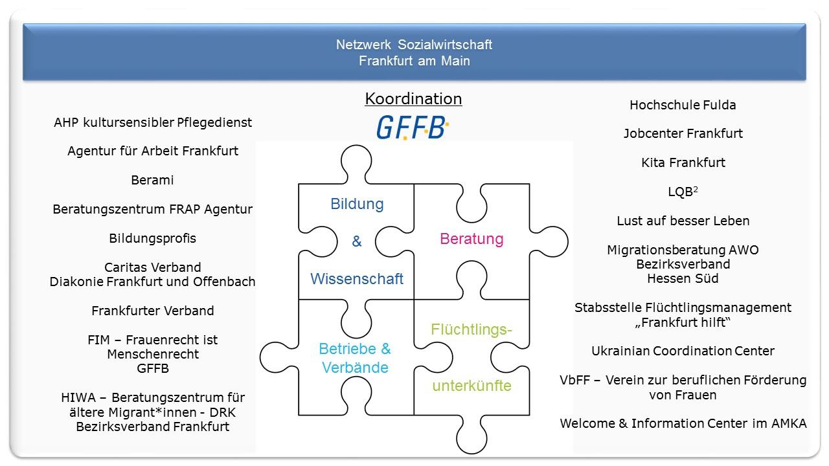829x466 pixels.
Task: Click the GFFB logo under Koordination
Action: coord(413,128)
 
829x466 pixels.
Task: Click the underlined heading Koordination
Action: coord(413,99)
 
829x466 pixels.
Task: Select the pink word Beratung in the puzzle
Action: coord(471,239)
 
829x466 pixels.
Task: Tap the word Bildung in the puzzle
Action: coord(357,204)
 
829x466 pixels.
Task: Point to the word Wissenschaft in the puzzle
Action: coord(357,279)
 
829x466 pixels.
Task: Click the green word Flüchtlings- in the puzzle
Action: coord(471,329)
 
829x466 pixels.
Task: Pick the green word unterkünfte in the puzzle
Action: coord(471,386)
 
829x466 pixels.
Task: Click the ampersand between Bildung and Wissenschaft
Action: coord(357,241)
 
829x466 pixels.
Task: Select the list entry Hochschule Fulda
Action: coord(683,105)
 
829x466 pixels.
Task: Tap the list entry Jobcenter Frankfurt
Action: coord(683,134)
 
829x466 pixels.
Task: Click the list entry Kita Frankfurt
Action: coord(683,162)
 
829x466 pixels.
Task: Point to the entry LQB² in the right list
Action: coord(683,192)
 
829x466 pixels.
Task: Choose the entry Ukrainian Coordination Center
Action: coord(683,351)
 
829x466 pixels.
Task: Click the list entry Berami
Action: coord(152,181)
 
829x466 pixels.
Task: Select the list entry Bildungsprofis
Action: coord(152,238)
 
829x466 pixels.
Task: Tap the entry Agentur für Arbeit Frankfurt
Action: coord(152,151)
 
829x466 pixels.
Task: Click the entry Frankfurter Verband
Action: coord(152,311)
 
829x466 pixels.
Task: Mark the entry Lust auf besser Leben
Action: coord(683,221)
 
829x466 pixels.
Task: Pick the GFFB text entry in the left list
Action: coord(152,368)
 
